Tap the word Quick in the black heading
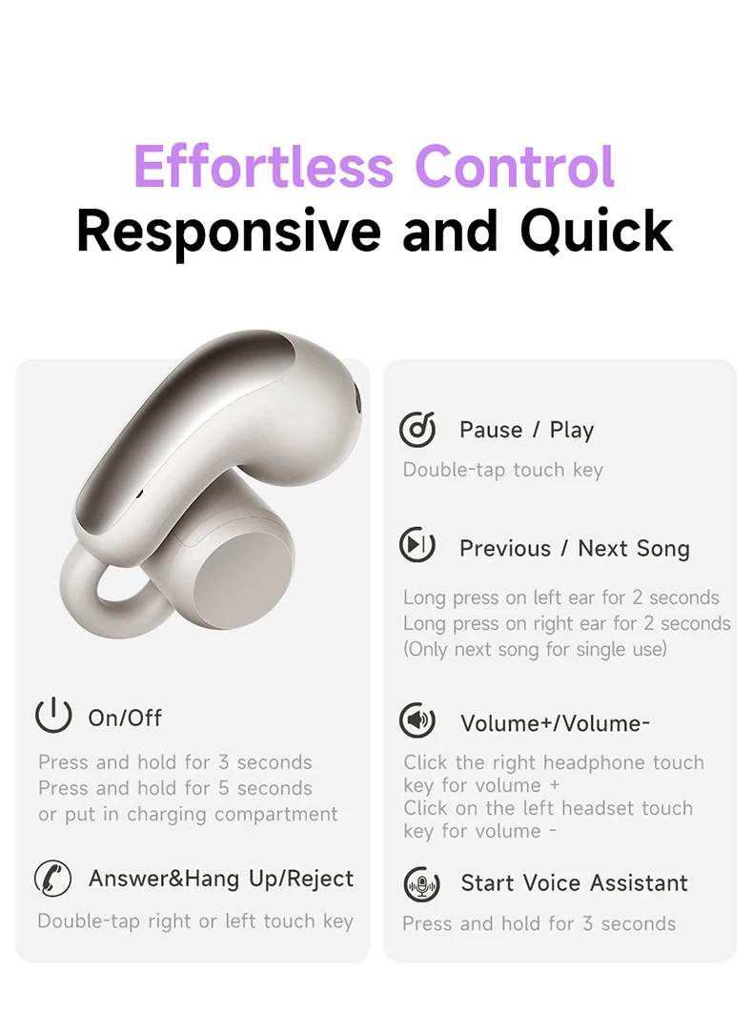(x=597, y=232)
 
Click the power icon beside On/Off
(x=53, y=715)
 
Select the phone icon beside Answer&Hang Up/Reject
(x=52, y=878)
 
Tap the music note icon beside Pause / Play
(x=417, y=429)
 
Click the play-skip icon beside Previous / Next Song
(x=417, y=544)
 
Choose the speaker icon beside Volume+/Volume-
(x=417, y=720)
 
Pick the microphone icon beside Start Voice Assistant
(x=421, y=884)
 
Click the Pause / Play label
(x=526, y=430)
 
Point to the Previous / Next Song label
(x=575, y=548)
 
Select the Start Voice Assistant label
(x=574, y=882)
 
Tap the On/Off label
(x=125, y=718)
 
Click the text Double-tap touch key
(x=503, y=470)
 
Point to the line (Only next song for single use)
(x=535, y=649)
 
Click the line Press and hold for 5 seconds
(x=175, y=788)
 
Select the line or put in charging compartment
(x=189, y=814)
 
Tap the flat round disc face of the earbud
(x=244, y=577)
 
